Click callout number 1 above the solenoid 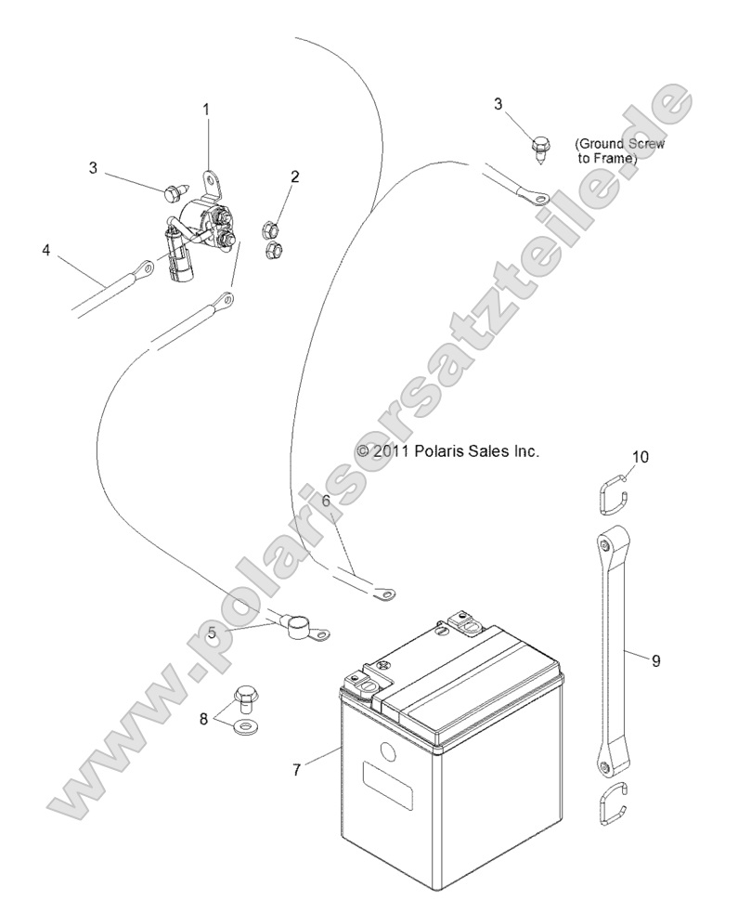point(206,111)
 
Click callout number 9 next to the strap point(655,661)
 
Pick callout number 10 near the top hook point(641,456)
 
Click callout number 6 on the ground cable point(326,501)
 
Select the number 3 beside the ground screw point(498,104)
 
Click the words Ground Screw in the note point(619,144)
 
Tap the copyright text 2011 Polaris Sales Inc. point(447,450)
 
